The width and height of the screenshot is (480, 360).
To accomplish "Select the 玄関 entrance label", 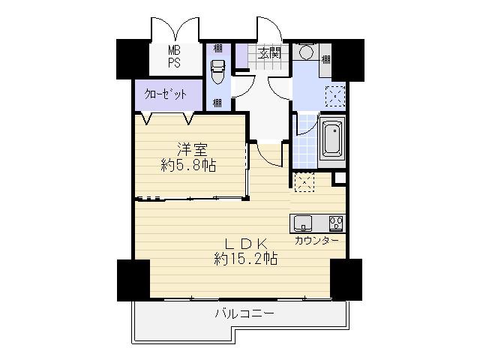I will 269,52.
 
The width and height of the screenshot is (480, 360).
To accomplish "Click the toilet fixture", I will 218,73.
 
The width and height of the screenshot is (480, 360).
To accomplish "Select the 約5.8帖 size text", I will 189,165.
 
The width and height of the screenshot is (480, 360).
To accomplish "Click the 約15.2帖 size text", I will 246,259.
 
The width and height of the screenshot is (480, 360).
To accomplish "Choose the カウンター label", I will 316,241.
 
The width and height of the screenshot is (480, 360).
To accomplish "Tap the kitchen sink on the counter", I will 303,223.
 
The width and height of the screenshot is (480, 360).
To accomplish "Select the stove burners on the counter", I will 334,223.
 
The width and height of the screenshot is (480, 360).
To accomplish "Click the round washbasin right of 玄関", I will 305,52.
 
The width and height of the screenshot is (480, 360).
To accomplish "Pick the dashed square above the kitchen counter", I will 304,182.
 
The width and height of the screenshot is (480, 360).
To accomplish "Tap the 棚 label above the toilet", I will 217,48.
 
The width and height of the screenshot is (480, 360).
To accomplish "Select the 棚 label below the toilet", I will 217,101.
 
